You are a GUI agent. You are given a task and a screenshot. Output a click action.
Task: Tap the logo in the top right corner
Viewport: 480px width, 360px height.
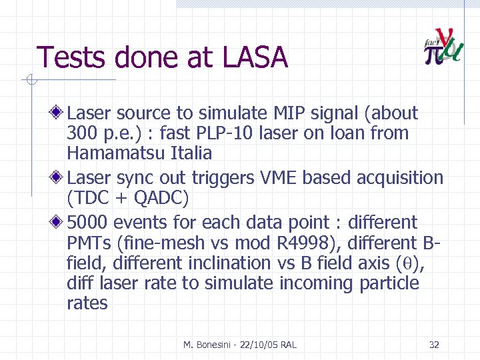[x=443, y=47]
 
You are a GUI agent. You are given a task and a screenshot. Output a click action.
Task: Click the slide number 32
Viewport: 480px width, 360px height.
[x=434, y=345]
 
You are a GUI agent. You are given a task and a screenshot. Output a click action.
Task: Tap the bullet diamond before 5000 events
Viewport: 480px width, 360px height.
[x=59, y=222]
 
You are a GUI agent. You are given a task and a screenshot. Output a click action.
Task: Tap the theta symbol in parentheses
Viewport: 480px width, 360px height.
[x=409, y=263]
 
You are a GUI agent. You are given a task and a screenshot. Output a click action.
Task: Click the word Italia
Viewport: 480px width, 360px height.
[x=193, y=153]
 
